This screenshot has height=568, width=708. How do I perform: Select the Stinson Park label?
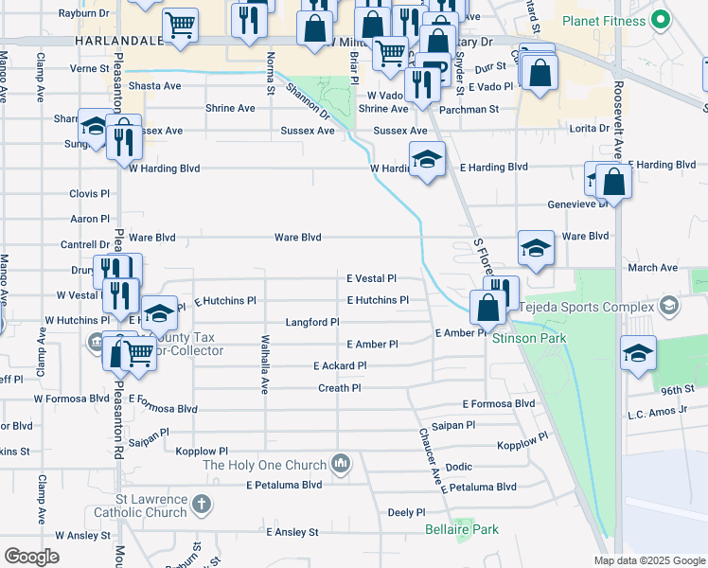[527, 338]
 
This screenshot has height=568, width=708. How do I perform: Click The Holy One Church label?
[264, 465]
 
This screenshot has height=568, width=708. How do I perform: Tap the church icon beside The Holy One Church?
[342, 464]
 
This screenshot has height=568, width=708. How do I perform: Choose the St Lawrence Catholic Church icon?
[201, 505]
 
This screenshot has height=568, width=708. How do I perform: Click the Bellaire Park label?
[461, 529]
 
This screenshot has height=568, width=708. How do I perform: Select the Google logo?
[32, 556]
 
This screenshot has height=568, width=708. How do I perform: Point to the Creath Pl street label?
[339, 388]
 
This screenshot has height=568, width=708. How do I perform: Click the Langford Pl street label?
[312, 323]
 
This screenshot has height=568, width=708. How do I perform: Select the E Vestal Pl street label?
[370, 279]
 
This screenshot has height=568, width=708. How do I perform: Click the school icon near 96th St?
[638, 355]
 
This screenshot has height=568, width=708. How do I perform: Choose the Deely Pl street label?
[406, 512]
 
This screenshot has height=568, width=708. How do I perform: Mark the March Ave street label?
[653, 268]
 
